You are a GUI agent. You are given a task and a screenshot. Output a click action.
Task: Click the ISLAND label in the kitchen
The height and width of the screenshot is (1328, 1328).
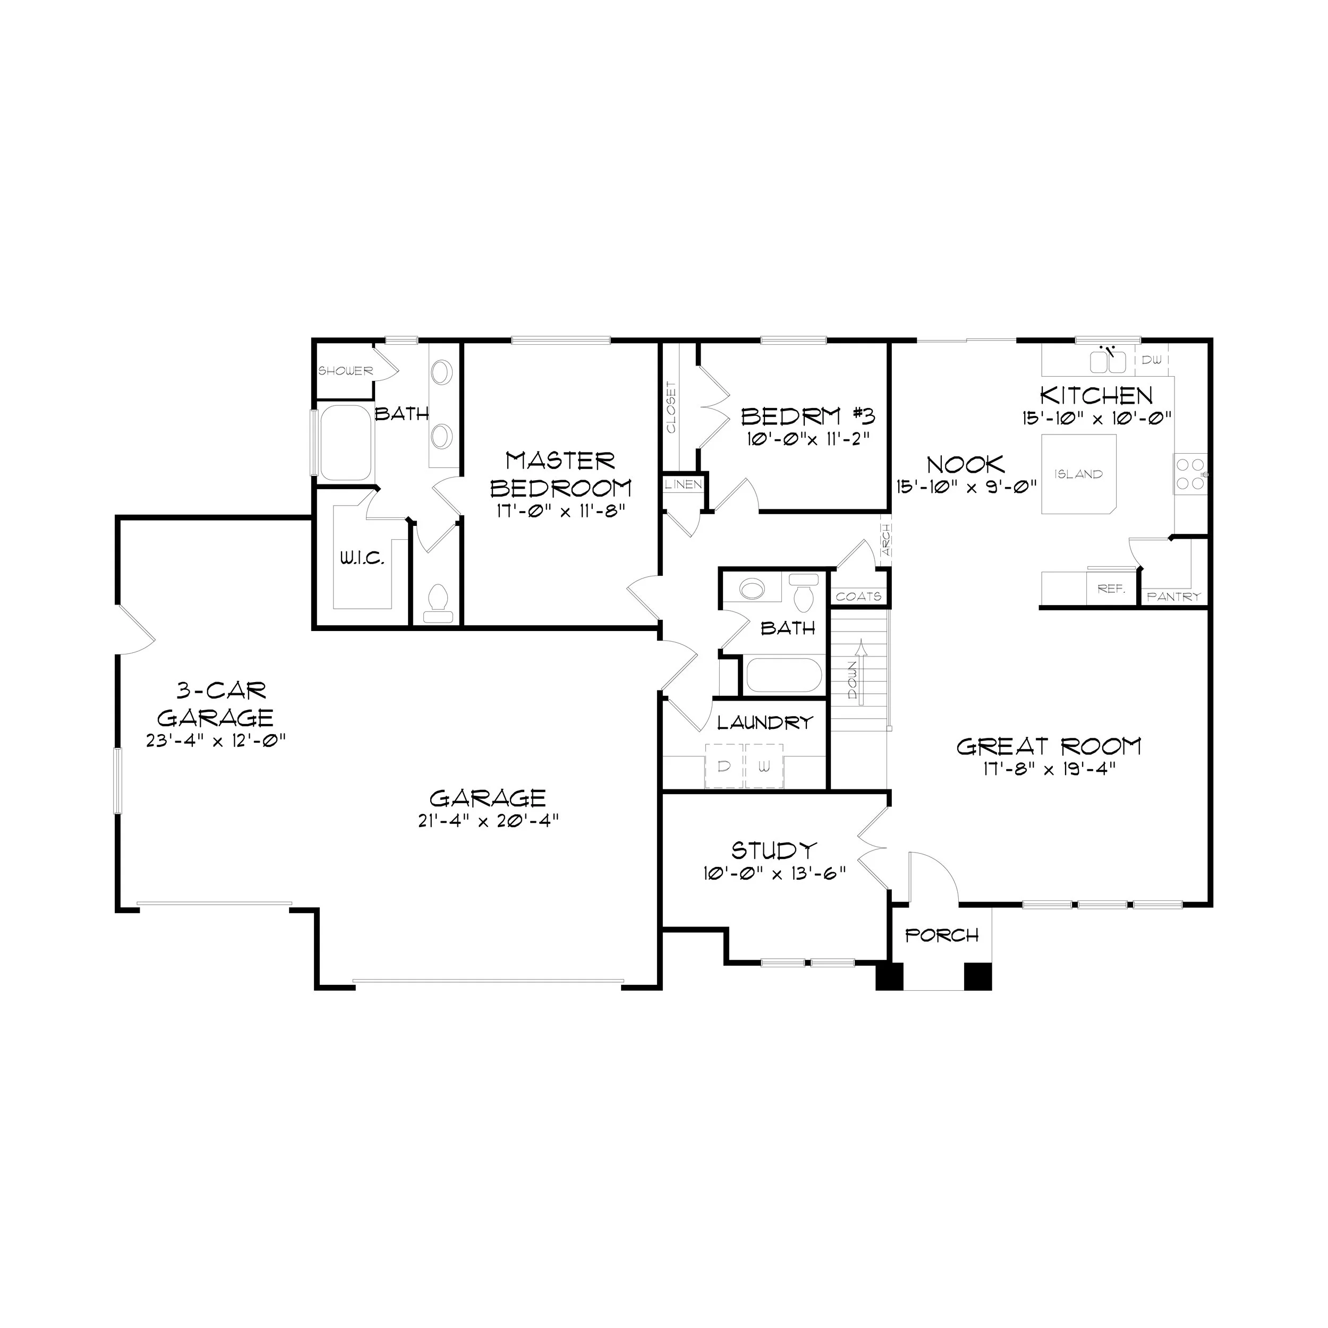(x=1077, y=474)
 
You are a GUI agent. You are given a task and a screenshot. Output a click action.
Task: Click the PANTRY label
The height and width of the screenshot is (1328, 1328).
(x=1173, y=597)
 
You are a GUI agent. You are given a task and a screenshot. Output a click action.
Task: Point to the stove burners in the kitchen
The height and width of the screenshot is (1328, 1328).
(x=1190, y=474)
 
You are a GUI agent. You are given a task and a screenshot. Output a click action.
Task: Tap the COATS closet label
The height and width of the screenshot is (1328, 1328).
(x=858, y=597)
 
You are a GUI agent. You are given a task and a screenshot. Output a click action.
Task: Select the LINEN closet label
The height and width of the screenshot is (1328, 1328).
(x=683, y=484)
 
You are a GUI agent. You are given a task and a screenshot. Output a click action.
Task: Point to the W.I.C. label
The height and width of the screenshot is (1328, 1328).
(x=362, y=558)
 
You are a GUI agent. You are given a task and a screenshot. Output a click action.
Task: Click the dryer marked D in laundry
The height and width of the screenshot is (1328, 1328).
(x=724, y=766)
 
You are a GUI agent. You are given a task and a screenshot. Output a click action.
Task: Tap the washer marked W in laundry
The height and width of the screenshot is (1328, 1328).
(x=764, y=766)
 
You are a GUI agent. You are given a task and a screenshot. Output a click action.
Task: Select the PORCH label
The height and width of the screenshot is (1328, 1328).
(x=942, y=935)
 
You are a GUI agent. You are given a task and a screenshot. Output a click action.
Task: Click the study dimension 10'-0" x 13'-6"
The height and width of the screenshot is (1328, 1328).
(x=774, y=874)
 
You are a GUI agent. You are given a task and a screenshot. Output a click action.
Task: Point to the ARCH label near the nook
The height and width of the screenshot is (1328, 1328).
(x=886, y=540)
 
